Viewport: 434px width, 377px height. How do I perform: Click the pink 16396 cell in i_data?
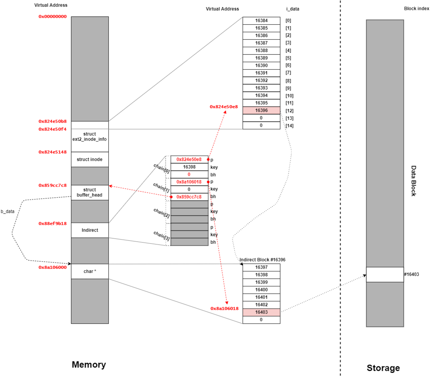(x=261, y=111)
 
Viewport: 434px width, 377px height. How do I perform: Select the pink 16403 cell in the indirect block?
(x=261, y=312)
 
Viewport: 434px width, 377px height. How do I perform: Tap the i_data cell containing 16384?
(x=261, y=21)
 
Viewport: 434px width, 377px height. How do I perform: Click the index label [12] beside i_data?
(x=289, y=111)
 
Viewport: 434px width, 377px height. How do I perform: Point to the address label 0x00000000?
(x=52, y=16)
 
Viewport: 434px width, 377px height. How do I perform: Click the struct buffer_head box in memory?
(x=89, y=193)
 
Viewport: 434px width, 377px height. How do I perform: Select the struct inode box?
(x=89, y=159)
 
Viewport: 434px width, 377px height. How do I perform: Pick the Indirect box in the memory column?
(x=89, y=230)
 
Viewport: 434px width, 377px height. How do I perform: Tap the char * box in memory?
(x=89, y=271)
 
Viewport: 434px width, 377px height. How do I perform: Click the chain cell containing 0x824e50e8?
(x=189, y=159)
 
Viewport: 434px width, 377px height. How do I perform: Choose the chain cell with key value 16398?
(x=189, y=167)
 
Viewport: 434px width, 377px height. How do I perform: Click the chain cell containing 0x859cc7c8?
(x=189, y=197)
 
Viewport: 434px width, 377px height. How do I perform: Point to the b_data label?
(x=7, y=212)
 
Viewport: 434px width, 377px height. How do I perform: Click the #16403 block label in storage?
(x=411, y=274)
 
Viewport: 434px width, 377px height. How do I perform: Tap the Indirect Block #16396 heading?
(x=262, y=260)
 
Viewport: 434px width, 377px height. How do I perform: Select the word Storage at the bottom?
(x=383, y=368)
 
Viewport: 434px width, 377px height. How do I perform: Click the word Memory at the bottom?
(x=89, y=365)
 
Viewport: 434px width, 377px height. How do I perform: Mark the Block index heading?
(x=416, y=9)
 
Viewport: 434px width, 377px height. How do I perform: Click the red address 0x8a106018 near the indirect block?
(x=224, y=308)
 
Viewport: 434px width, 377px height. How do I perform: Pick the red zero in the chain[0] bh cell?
(x=189, y=174)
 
